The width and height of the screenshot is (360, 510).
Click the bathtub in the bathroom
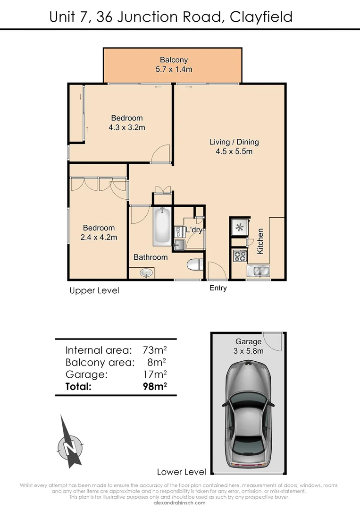(x=162, y=226)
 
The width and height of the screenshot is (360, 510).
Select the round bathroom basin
(x=147, y=273)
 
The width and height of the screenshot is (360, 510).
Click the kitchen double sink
(x=257, y=271)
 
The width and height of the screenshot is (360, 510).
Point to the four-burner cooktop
(x=239, y=256)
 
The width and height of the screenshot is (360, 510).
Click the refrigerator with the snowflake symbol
(x=239, y=228)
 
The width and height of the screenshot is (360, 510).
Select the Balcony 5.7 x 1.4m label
(x=174, y=65)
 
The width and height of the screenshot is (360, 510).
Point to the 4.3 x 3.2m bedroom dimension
(x=126, y=127)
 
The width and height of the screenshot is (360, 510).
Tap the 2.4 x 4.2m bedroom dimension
(x=99, y=237)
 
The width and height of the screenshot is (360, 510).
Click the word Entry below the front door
(x=218, y=288)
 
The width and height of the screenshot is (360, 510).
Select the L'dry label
(x=194, y=230)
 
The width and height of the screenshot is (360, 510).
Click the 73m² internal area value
(x=155, y=350)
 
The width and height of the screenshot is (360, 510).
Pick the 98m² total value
(x=155, y=386)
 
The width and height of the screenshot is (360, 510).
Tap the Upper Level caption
(x=94, y=290)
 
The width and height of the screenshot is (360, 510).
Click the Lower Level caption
(x=182, y=471)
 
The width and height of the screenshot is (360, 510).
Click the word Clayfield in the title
(x=261, y=17)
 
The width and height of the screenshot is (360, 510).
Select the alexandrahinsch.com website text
(x=180, y=503)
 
